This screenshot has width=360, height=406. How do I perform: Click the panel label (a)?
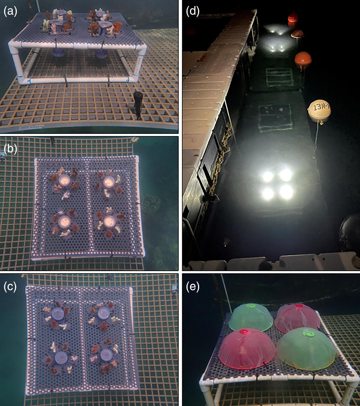[10, 12]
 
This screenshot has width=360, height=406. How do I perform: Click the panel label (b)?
[10, 149]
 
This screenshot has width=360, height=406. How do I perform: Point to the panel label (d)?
[193, 12]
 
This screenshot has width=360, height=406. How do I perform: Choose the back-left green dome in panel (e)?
[251, 317]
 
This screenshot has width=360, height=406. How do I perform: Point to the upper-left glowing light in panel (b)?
[64, 180]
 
